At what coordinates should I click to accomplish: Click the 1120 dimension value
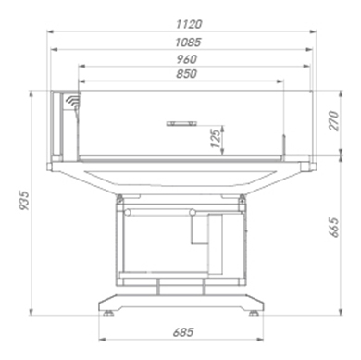[189, 24]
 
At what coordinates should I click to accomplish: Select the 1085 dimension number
[188, 43]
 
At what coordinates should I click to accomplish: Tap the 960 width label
[187, 59]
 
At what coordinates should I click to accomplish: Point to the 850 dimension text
[186, 74]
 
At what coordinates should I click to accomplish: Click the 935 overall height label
[24, 201]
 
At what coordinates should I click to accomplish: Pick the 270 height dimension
[334, 121]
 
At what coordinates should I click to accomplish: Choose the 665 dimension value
[334, 228]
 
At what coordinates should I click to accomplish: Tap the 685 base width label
[183, 332]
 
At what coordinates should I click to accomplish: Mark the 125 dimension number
[217, 139]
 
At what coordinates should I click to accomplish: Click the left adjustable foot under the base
[108, 314]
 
